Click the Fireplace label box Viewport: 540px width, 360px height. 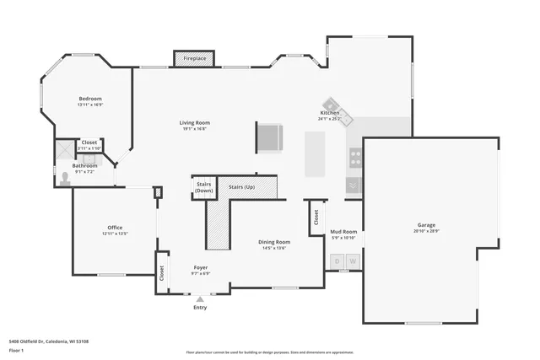click(194, 58)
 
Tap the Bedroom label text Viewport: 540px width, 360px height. click(90, 99)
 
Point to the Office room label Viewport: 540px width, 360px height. click(115, 228)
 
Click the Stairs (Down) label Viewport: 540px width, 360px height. click(203, 187)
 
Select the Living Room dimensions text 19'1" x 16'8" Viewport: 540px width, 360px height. click(194, 129)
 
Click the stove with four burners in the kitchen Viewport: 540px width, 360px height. click(355, 157)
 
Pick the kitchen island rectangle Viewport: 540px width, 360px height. click(316, 153)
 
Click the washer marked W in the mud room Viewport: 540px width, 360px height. click(353, 261)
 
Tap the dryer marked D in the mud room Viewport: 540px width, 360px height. click(337, 261)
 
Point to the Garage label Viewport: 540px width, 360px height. click(426, 225)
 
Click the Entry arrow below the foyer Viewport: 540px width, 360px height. click(200, 298)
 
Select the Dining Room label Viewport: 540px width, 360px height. click(274, 242)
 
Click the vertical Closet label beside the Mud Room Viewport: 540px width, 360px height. click(316, 218)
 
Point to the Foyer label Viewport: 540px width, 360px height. click(200, 267)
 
